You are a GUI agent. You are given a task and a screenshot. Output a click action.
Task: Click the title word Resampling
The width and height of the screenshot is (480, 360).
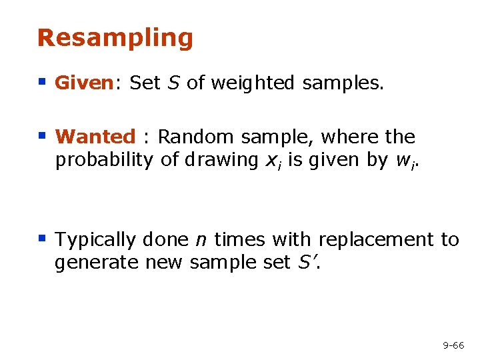(x=115, y=39)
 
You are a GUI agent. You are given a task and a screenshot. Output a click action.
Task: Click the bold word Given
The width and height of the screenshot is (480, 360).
(x=83, y=83)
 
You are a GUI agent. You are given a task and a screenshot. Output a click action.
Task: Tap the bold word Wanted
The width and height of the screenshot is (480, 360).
(x=95, y=137)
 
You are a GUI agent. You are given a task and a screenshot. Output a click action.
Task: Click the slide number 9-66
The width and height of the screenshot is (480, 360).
(x=453, y=345)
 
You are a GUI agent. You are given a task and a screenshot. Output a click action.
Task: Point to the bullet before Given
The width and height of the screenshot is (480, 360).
(x=42, y=83)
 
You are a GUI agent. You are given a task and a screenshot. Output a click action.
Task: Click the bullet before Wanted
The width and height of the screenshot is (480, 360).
(x=42, y=137)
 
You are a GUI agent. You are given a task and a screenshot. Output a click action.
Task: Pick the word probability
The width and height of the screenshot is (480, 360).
(x=105, y=160)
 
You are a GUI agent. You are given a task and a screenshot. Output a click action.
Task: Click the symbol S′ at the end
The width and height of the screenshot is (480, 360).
(x=304, y=263)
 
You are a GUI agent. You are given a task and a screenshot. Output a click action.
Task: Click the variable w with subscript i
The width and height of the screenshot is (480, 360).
(x=393, y=161)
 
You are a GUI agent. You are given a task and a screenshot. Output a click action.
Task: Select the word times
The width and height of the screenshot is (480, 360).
(x=238, y=239)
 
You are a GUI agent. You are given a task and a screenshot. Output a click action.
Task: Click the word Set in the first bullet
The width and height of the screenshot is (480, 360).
(x=145, y=83)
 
